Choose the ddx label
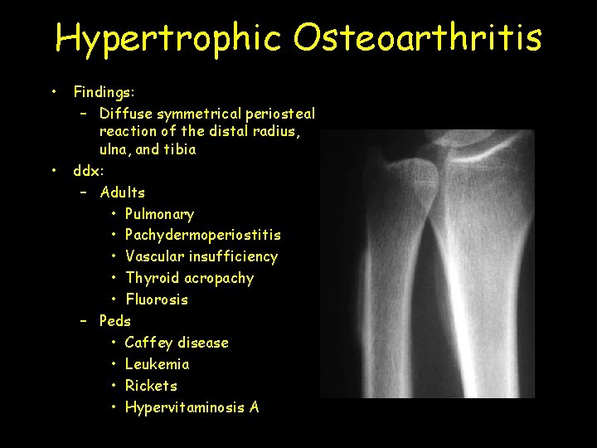(87, 172)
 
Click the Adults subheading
(123, 192)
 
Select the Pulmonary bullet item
(159, 215)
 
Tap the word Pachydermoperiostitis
(203, 236)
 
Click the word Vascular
(155, 257)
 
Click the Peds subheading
(115, 321)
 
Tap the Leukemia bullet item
(158, 364)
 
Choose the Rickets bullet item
(151, 386)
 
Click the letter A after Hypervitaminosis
(254, 407)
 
